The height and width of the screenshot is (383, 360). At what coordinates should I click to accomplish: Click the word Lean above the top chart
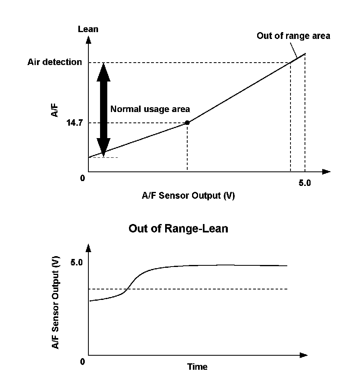click(88, 29)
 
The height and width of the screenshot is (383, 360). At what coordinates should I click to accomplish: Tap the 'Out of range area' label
click(293, 36)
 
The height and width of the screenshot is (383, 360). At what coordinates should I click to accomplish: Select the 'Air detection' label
click(55, 62)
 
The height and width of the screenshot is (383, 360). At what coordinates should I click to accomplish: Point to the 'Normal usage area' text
click(150, 109)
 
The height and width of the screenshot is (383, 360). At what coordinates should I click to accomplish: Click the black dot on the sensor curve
click(187, 122)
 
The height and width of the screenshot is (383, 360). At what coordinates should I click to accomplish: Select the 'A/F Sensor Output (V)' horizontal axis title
click(188, 196)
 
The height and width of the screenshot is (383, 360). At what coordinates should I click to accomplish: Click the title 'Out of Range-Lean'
click(178, 229)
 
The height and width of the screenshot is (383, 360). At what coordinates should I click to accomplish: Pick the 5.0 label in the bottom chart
click(77, 263)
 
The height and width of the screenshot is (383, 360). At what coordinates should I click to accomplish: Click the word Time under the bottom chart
click(197, 367)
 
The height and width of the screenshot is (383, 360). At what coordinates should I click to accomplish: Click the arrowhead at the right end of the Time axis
click(303, 355)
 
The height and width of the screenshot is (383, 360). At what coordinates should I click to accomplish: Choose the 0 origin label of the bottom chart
click(83, 362)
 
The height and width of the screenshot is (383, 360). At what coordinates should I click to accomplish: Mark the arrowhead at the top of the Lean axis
click(88, 40)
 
